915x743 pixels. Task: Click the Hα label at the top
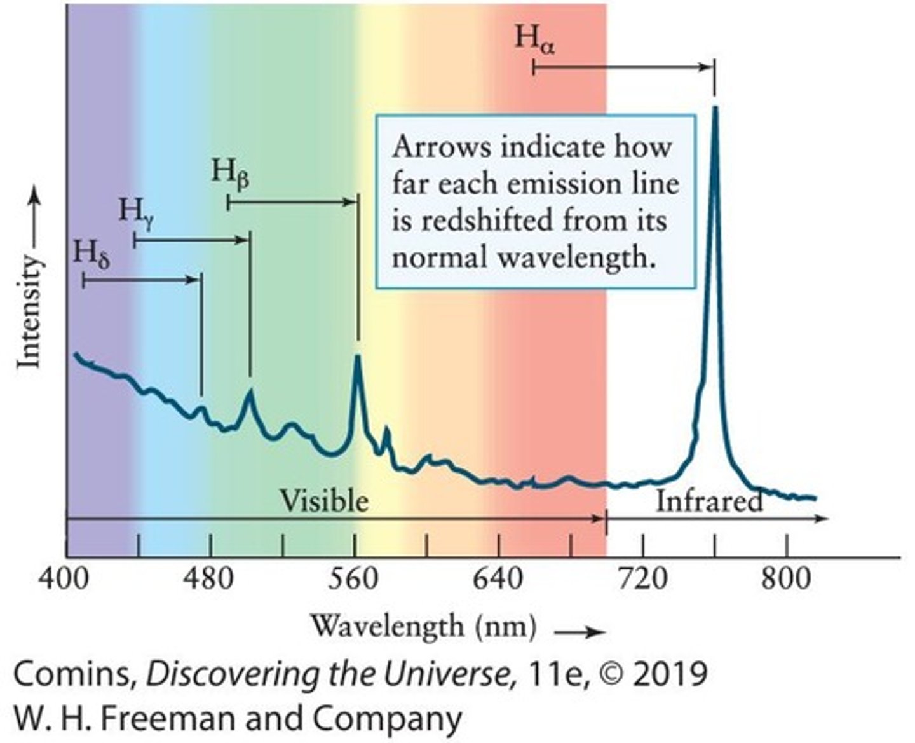coord(534,39)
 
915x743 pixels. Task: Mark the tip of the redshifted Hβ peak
coord(357,357)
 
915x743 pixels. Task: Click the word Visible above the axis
coord(324,501)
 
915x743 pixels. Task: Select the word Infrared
coord(708,501)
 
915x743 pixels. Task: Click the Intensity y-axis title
coord(29,311)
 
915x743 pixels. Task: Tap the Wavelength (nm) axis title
coord(423,627)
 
